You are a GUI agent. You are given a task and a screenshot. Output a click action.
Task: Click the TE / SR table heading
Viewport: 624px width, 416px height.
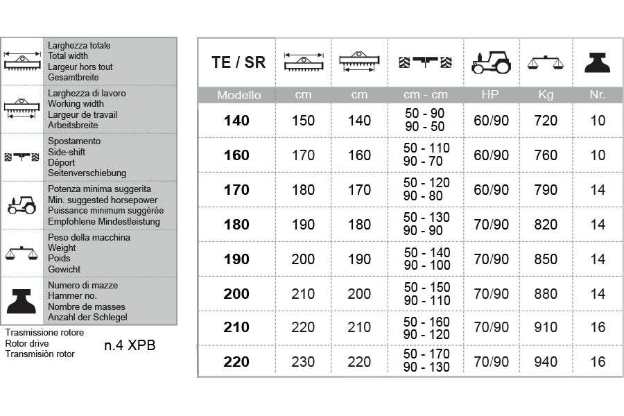coord(238,62)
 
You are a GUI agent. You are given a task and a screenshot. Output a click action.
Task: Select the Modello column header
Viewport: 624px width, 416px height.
coord(239,95)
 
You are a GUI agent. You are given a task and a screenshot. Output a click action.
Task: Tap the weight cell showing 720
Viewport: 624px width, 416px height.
coord(546,121)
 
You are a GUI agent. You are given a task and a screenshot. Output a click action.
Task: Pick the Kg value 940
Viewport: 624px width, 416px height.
coord(546,361)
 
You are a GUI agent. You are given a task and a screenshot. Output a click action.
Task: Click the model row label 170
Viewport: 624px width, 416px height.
coord(236,190)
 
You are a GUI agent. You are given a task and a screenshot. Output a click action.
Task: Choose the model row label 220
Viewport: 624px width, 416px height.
coord(236,361)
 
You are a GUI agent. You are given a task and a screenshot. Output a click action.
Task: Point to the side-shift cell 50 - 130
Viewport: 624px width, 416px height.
coord(426,218)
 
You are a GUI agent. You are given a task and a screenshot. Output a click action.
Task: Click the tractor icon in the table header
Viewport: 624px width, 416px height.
coord(491,62)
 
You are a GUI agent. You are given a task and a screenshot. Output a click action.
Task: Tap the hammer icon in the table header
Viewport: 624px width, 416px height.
coord(597,62)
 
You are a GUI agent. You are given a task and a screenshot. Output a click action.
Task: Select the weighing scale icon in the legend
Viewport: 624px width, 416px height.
coord(21,253)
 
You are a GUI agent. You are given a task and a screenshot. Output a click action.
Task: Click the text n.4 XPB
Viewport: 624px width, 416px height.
coord(130,345)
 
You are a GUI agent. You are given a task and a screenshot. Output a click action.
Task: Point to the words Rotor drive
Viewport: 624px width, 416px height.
coord(26,343)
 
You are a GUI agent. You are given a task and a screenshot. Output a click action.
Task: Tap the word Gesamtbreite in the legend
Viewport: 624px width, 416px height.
coord(73,78)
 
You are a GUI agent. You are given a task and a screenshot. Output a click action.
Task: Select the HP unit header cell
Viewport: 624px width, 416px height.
coord(491,95)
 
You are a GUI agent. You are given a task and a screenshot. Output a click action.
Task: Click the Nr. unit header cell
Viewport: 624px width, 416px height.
coord(597,95)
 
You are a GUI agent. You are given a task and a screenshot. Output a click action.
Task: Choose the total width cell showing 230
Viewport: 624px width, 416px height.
coord(303,361)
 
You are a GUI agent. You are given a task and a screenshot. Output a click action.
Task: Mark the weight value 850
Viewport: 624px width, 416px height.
coord(546,259)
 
